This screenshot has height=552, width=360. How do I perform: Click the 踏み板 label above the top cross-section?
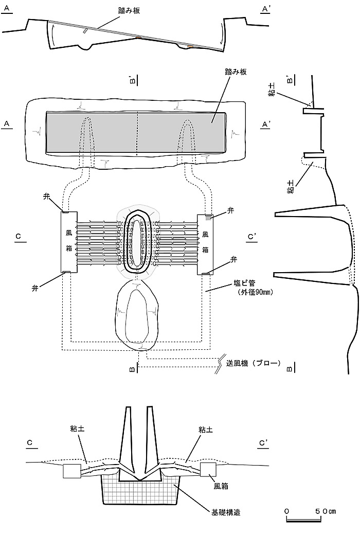129,11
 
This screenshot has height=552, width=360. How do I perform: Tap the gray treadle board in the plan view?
136,133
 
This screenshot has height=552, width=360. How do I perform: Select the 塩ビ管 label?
244,283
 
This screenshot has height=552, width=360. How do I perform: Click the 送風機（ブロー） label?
253,363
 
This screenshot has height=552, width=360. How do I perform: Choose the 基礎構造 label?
226,512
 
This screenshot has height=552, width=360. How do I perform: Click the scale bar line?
304,520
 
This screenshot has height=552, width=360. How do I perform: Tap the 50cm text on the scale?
326,511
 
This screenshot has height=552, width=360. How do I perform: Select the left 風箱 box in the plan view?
69,242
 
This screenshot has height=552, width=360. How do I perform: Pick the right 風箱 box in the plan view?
205,244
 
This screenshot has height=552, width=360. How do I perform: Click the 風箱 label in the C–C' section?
221,486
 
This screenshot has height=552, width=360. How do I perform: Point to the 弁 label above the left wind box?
47,197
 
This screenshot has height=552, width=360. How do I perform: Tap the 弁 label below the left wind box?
35,288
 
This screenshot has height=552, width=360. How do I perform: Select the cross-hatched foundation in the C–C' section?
140,489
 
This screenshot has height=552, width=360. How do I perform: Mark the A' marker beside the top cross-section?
265,9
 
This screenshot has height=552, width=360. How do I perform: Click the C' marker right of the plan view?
252,237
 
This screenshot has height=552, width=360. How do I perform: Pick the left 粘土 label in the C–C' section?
77,429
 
